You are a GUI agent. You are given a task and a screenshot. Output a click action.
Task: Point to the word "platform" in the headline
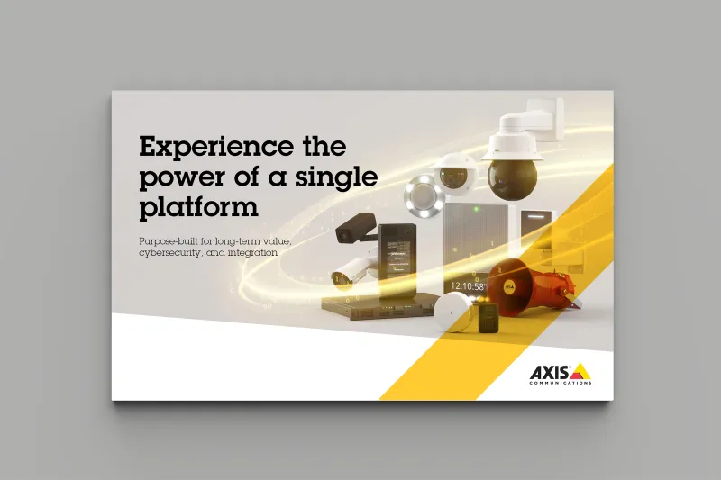(198, 207)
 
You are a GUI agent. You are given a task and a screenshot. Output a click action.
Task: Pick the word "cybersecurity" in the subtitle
(171, 254)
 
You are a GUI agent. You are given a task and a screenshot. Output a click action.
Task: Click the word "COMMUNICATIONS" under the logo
(561, 383)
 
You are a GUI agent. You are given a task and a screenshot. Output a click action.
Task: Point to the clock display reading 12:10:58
(468, 287)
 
